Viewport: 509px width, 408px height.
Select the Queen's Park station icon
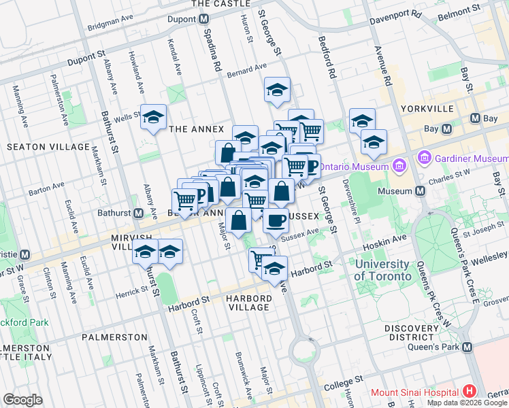pyautogui.click(x=467, y=347)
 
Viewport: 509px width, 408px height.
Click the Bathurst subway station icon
pyautogui.click(x=138, y=214)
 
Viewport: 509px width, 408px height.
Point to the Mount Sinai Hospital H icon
pyautogui.click(x=469, y=392)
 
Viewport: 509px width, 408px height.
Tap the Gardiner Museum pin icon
pyautogui.click(x=426, y=158)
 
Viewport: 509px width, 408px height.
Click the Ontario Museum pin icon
pyautogui.click(x=399, y=166)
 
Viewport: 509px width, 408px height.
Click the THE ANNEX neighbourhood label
pyautogui.click(x=196, y=129)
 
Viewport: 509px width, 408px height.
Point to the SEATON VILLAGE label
pyautogui.click(x=48, y=147)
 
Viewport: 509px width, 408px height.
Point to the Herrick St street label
pyautogui.click(x=131, y=290)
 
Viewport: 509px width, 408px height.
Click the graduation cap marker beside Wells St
pyautogui.click(x=154, y=118)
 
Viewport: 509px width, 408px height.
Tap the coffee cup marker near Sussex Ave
pyautogui.click(x=276, y=220)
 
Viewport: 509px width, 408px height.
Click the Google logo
pyautogui.click(x=22, y=400)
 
